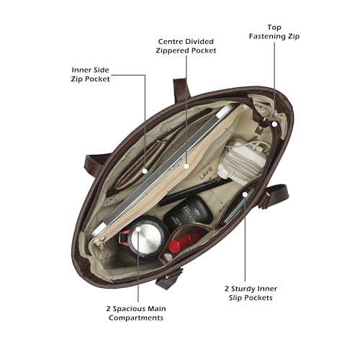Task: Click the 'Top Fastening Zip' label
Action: coord(274,32)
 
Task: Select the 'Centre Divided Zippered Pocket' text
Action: coord(186,46)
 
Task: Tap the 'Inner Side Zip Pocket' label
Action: coord(90,74)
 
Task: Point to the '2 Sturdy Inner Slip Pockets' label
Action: coord(251,293)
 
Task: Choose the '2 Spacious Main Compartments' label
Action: coord(136,313)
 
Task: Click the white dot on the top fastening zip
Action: coord(274,124)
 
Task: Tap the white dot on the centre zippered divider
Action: coord(186,166)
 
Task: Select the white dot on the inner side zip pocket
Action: coord(145,171)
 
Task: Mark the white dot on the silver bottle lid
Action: coord(138,229)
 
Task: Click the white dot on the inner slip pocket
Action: coord(245,194)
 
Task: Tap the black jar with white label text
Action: coord(188,210)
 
